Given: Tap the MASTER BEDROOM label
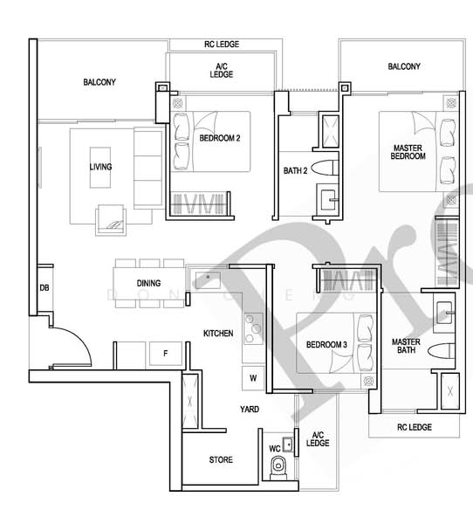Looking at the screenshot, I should [408, 152].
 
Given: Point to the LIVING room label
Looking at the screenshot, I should [100, 167].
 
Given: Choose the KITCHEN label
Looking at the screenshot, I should [218, 334].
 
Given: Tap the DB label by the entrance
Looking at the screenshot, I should [43, 288].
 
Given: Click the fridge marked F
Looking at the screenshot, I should [165, 354].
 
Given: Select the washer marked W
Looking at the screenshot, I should [253, 378].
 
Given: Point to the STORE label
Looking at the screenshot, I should [221, 459].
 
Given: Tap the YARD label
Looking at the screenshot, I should [249, 409].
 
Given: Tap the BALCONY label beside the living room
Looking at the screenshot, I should [99, 82].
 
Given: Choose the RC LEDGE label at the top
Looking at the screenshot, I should [221, 44].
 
